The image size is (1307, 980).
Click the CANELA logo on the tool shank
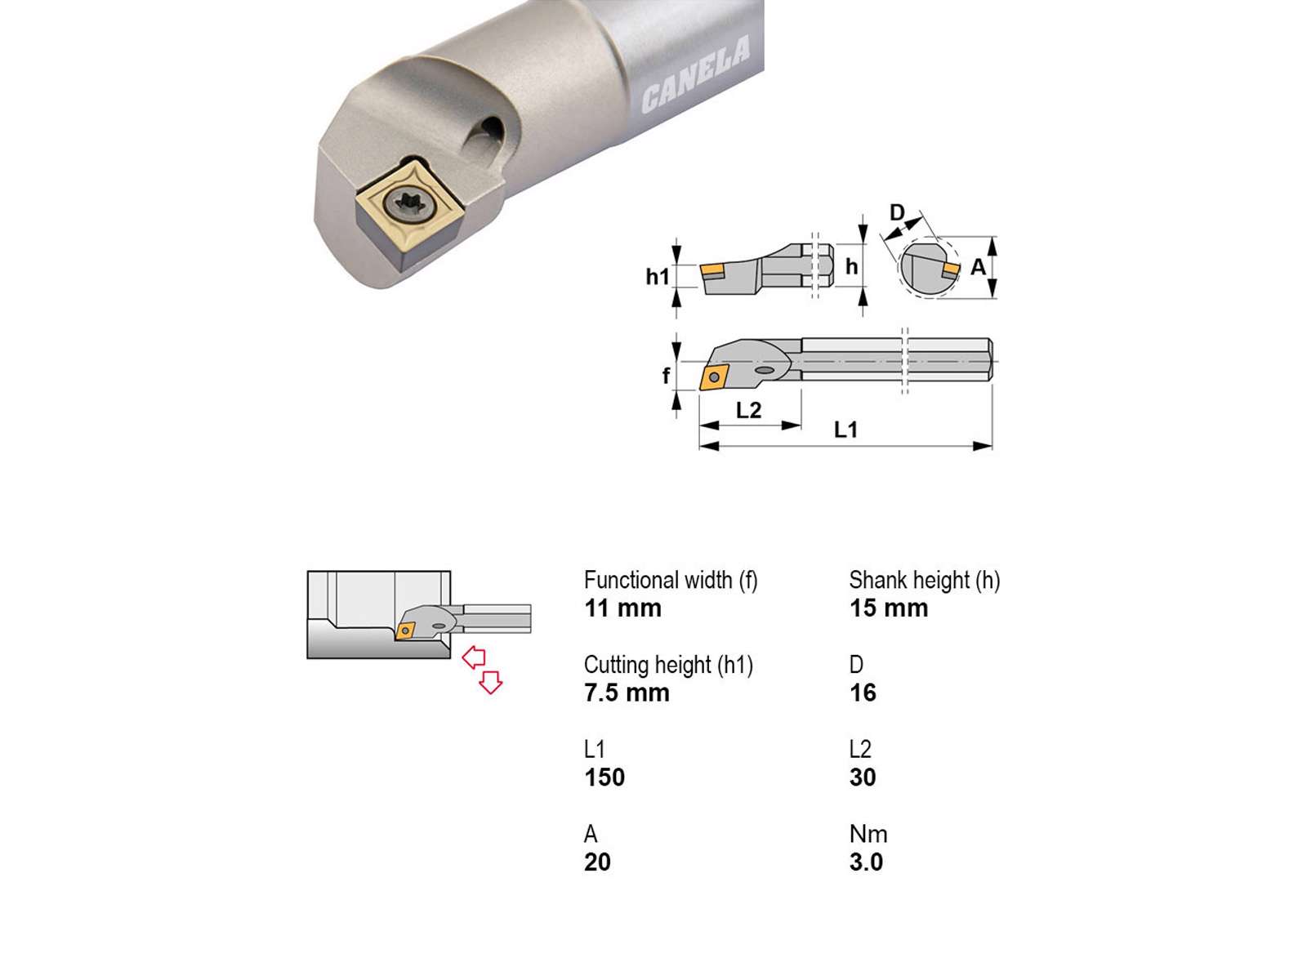pos(695,73)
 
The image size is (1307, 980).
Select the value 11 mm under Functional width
pos(622,608)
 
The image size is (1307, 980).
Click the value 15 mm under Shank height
pos(889,608)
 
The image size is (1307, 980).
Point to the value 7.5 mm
pos(627,693)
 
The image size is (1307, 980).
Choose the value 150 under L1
pos(604,777)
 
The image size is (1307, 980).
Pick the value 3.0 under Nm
pos(866,862)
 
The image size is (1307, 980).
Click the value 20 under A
pos(597,862)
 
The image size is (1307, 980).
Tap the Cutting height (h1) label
pos(668,665)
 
